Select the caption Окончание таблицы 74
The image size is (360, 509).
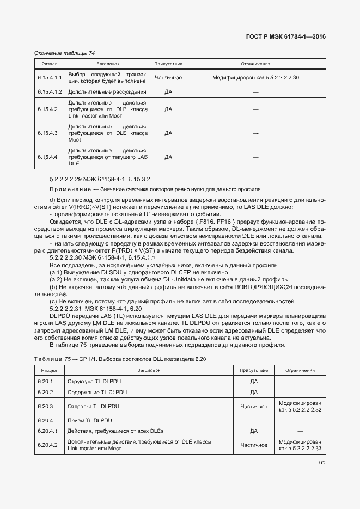coord(64,53)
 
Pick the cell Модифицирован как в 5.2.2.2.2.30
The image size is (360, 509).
coord(255,78)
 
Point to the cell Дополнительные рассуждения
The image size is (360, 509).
coord(107,92)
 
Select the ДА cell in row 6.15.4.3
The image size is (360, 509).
coord(168,133)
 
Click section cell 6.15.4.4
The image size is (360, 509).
coord(48,157)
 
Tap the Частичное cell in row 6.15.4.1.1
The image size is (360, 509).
coord(168,78)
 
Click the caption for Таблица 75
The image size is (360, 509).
coord(120,358)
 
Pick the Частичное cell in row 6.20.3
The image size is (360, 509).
coord(253,406)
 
